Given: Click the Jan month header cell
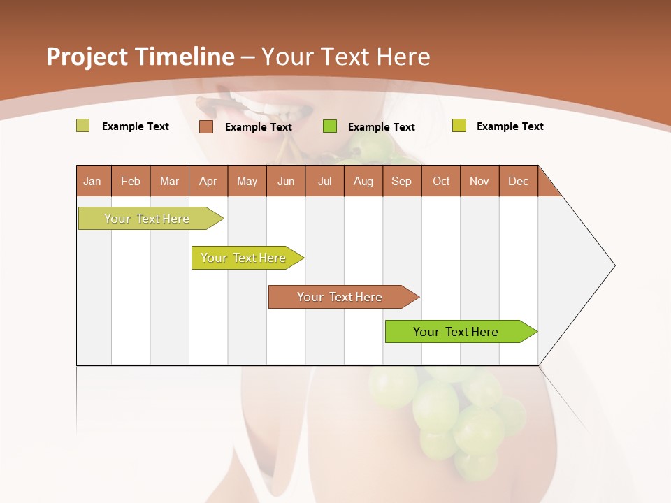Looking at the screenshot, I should (93, 181).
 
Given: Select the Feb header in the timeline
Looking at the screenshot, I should (131, 181).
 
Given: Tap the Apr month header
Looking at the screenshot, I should (208, 181).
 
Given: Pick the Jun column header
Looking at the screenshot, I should (286, 181).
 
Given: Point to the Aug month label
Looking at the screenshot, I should (363, 181).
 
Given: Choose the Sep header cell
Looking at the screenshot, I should (402, 181).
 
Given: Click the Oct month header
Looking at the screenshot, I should (441, 181).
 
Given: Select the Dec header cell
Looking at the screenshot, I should (519, 181).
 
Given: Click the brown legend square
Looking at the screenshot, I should (206, 126).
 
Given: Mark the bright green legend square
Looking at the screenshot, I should (330, 126).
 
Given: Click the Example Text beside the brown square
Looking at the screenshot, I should (259, 127).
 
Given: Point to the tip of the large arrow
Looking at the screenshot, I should (613, 265).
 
